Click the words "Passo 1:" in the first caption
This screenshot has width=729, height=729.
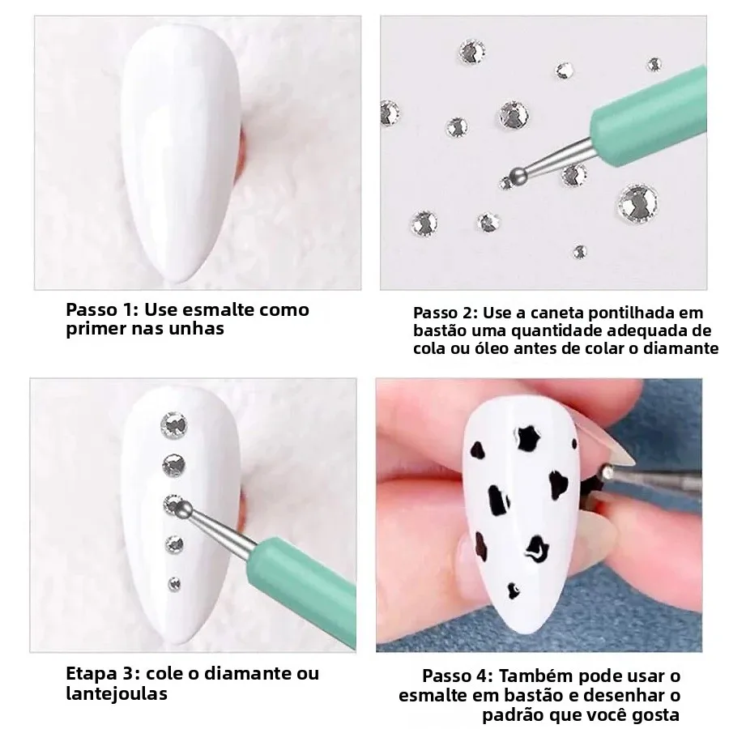click(x=102, y=310)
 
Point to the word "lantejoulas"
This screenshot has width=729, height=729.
click(x=116, y=694)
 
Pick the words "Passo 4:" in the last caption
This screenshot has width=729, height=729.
click(x=458, y=676)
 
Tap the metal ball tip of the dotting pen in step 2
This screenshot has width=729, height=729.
click(x=518, y=175)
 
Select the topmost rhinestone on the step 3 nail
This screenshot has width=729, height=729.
click(x=174, y=425)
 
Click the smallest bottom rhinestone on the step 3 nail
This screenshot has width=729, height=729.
click(x=174, y=584)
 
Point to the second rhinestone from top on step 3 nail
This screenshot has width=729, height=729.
click(x=174, y=466)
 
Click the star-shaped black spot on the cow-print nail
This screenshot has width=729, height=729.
click(x=529, y=438)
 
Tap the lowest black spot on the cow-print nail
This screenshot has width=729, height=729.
click(x=514, y=590)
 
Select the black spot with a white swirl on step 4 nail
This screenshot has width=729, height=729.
click(x=536, y=548)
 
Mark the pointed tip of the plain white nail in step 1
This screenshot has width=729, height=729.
click(x=185, y=281)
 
